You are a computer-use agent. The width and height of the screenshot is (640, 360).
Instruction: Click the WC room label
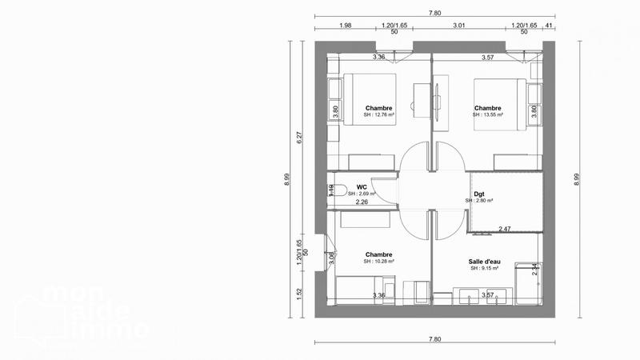362,186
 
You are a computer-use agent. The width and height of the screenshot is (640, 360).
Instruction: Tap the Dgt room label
478,193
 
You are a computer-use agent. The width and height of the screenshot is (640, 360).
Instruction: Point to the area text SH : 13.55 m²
488,115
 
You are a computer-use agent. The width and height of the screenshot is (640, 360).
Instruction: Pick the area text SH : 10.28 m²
379,262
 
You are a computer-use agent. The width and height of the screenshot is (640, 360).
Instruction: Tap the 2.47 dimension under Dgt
505,230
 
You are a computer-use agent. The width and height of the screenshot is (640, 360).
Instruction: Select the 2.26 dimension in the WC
362,202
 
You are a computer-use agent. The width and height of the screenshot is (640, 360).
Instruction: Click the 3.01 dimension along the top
459,26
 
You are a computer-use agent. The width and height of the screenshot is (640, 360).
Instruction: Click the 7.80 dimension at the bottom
434,338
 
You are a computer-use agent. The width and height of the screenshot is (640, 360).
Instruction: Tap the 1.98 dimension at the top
346,26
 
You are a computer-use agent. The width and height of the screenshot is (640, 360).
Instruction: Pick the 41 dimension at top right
549,26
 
